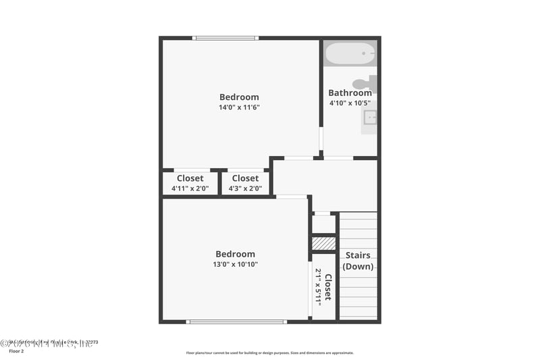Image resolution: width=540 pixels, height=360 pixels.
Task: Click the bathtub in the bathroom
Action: [350, 53]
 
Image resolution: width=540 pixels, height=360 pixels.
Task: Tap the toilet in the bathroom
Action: [363, 84]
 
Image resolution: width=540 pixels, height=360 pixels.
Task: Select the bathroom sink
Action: [369, 118]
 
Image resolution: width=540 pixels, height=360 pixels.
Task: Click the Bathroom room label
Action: [350, 93]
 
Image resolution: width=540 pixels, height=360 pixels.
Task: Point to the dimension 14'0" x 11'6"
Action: [239, 107]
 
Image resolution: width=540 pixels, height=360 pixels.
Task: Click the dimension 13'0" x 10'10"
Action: [235, 264]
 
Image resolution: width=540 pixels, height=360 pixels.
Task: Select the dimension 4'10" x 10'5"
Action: [350, 103]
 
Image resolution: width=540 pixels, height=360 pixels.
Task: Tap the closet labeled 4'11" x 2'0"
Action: [190, 183]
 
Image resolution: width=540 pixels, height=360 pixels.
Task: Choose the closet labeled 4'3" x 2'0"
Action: [246, 183]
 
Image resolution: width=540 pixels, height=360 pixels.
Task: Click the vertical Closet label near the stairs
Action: [328, 286]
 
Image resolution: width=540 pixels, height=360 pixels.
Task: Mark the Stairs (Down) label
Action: [358, 261]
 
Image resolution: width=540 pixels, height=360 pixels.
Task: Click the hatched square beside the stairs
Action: [324, 242]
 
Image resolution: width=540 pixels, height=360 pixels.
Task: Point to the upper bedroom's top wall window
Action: [225, 38]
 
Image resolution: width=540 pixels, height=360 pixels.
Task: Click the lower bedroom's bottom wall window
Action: [237, 322]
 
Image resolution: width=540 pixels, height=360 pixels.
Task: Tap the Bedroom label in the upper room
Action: [239, 97]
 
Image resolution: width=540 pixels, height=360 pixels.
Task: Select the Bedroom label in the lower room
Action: [235, 254]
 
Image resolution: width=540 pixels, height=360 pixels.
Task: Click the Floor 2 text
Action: [15, 351]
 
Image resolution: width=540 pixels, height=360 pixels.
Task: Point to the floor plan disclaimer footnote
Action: [269, 353]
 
